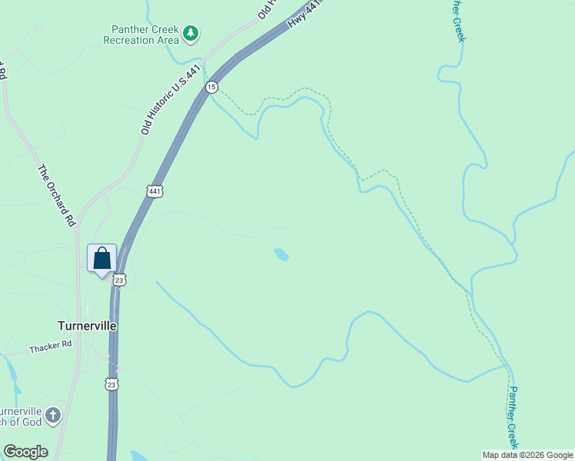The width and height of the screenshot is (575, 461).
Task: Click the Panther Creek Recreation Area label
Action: pos(141,35)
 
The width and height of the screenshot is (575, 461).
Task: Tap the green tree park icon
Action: pos(191,33)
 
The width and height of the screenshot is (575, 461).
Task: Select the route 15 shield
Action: pos(211,87)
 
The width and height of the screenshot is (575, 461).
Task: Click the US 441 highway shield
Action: pos(155,191)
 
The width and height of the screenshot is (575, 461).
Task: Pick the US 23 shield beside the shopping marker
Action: pos(119,280)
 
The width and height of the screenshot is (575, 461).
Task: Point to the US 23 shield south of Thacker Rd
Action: pos(111,384)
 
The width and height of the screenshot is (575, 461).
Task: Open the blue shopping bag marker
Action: pos(101,259)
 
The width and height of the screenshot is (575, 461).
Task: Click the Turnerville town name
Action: pos(88,326)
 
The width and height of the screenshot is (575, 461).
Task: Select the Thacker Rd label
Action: pos(50,347)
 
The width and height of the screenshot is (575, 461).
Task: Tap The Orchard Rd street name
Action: pos(58,195)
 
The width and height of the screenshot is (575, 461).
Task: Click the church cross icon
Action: pos(52,416)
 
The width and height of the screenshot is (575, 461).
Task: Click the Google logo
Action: pos(25,452)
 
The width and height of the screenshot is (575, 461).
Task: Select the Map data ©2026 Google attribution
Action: pos(527,455)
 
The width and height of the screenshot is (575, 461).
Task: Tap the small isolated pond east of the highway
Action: pos(281,254)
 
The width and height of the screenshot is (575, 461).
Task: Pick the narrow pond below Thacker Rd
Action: pos(12,373)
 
